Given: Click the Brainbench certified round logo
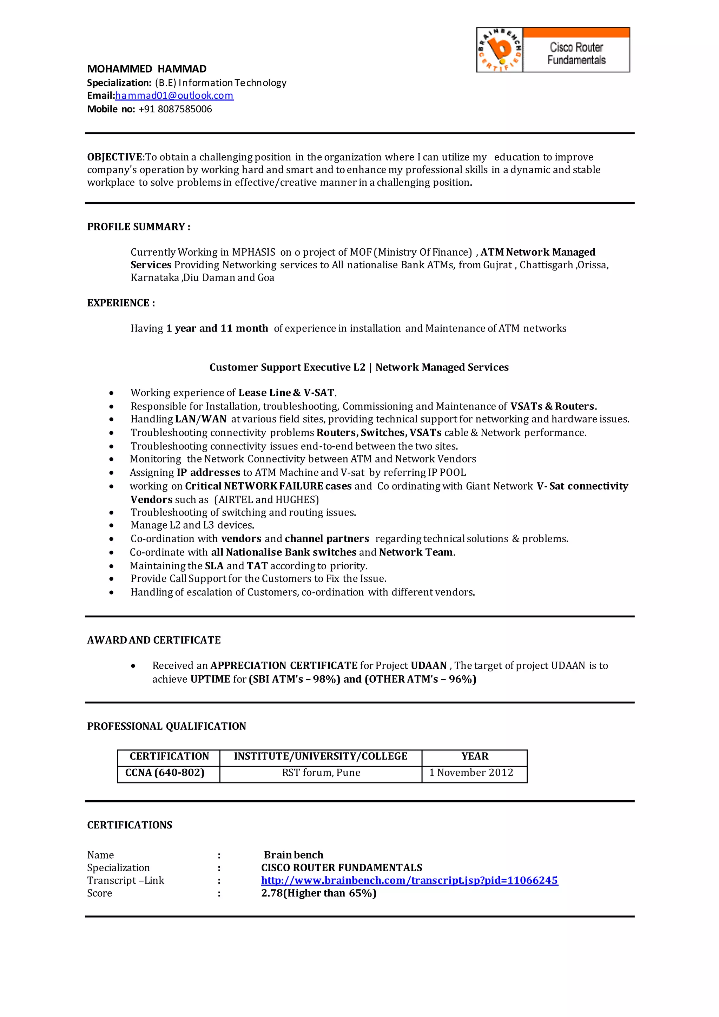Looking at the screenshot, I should click(x=500, y=50).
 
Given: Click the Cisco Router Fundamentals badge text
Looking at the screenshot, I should click(x=576, y=54).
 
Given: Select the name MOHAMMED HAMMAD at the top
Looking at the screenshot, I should click(x=146, y=69).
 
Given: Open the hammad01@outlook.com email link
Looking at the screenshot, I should click(x=174, y=96).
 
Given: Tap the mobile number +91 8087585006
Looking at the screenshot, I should click(x=175, y=109).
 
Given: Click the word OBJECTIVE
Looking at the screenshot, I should click(x=114, y=157).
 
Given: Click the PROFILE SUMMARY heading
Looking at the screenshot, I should click(x=138, y=227).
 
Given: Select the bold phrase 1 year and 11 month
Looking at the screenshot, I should click(x=217, y=328).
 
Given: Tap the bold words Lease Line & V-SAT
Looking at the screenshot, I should click(x=286, y=393).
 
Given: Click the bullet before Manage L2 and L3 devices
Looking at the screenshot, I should click(x=112, y=526).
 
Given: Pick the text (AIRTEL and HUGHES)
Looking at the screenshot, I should click(x=266, y=500).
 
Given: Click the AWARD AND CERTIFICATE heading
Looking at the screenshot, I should click(x=154, y=640).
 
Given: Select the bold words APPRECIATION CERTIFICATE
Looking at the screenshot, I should click(x=284, y=665).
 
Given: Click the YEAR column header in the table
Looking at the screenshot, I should click(x=475, y=756).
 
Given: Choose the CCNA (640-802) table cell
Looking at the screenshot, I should click(x=165, y=773).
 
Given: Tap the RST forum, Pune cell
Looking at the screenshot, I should click(x=321, y=773).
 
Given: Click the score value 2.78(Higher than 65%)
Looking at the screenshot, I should click(x=318, y=893).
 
